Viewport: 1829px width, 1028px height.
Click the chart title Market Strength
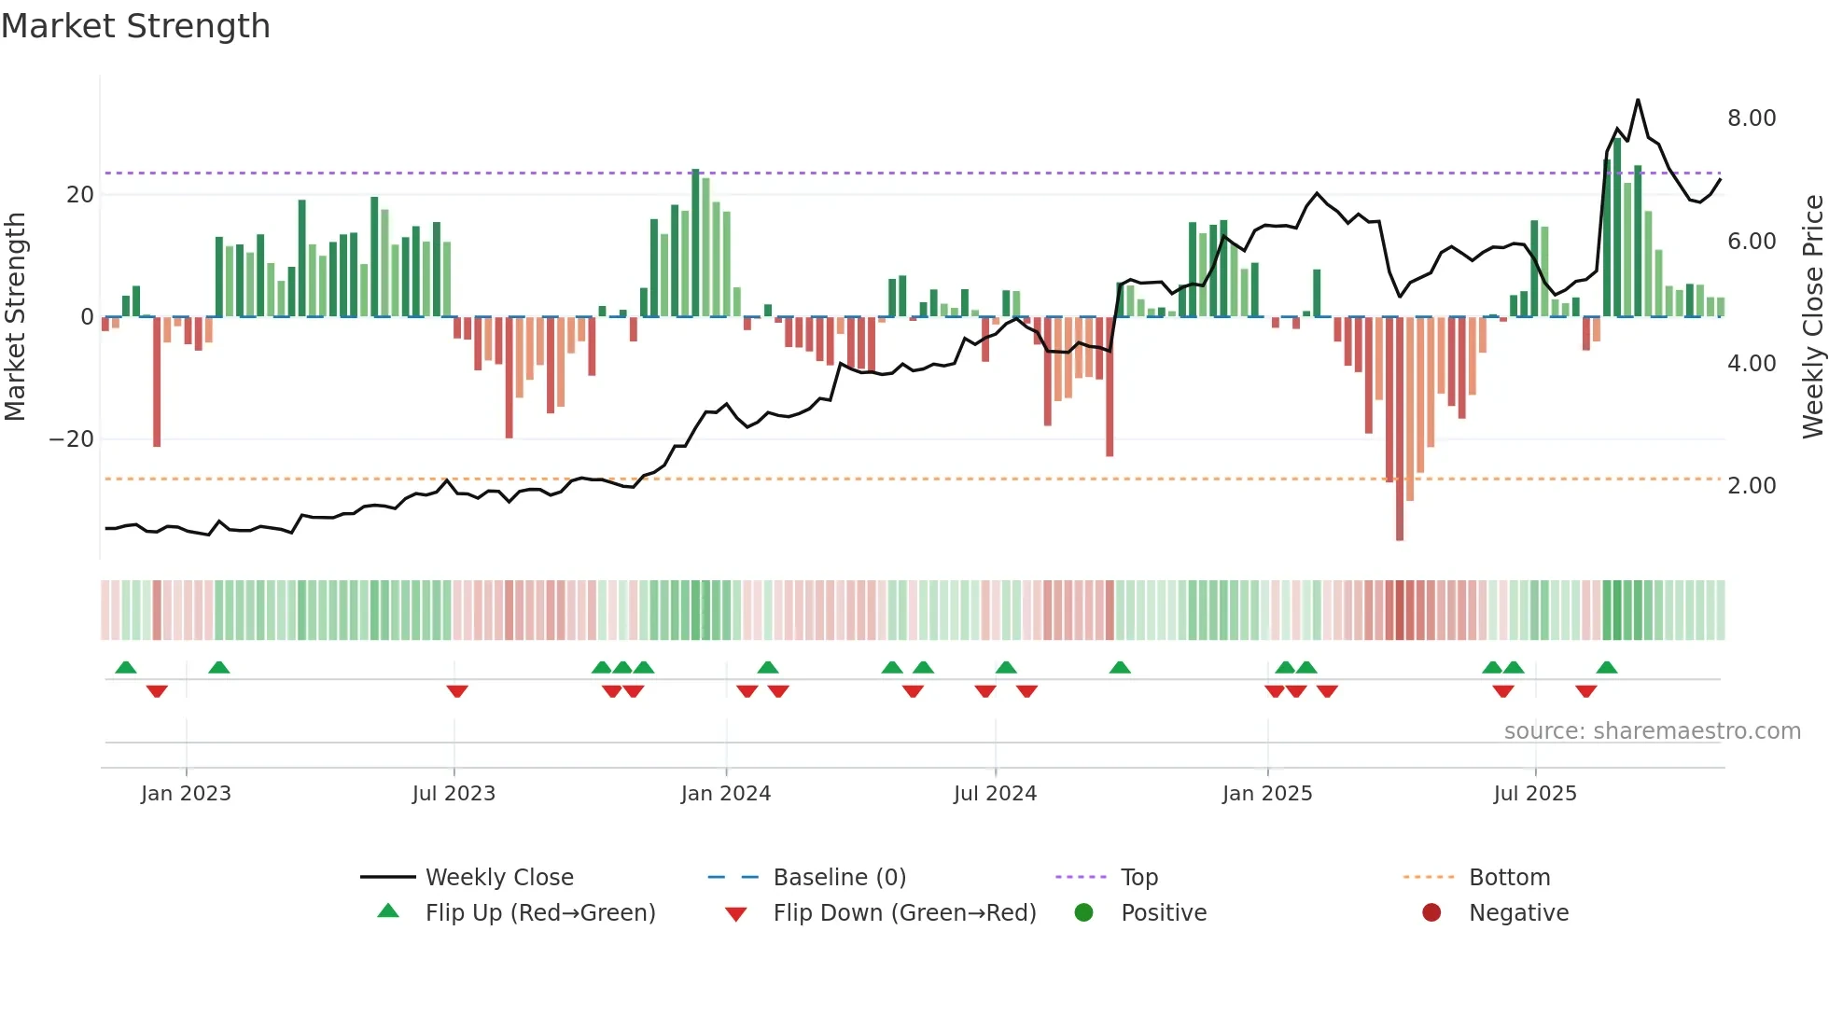(135, 26)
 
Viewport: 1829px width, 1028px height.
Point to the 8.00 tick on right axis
(1751, 118)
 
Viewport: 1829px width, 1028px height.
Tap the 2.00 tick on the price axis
(1751, 486)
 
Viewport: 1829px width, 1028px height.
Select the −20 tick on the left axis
(71, 439)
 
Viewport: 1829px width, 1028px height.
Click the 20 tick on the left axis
(80, 195)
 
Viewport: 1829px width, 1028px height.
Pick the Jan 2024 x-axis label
(725, 794)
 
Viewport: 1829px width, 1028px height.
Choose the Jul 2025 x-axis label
(1534, 794)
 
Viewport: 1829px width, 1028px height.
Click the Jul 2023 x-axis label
(454, 794)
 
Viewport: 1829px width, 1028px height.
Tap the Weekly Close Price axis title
(1812, 317)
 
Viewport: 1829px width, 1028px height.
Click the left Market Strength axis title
(15, 317)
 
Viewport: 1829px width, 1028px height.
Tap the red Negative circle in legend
(1431, 913)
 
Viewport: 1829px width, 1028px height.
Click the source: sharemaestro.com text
(1652, 731)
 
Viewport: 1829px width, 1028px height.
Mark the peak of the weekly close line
(1637, 100)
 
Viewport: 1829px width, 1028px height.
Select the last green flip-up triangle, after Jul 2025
(1606, 668)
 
